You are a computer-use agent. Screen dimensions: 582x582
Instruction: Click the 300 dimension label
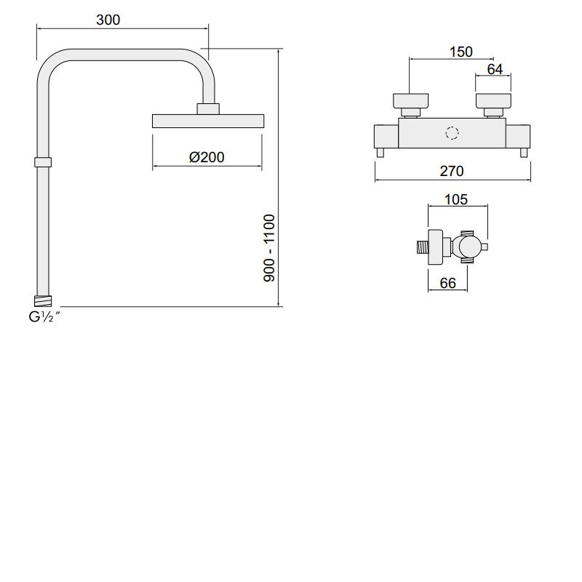coord(108,20)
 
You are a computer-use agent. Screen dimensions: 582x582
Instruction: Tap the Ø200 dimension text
coord(207,157)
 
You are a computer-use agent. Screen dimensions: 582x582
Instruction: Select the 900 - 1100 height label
coord(269,248)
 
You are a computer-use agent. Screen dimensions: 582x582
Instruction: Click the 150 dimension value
coord(461,52)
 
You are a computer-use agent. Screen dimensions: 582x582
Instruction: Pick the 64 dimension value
coord(495,69)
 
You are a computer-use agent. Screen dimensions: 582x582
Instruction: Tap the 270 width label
coord(452,172)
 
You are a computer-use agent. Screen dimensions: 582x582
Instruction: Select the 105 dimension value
coord(455,200)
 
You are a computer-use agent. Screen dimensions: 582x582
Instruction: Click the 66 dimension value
coord(448,284)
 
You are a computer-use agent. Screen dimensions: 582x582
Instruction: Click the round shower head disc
coord(207,121)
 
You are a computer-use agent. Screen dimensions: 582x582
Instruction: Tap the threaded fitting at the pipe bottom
coord(44,299)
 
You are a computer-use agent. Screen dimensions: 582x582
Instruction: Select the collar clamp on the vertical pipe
coord(43,162)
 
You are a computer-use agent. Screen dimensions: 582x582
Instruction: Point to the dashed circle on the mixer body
coord(453,134)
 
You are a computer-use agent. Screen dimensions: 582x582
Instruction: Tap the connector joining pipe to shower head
coord(208,109)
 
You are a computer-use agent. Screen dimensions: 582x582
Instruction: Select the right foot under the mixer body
coord(522,152)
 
